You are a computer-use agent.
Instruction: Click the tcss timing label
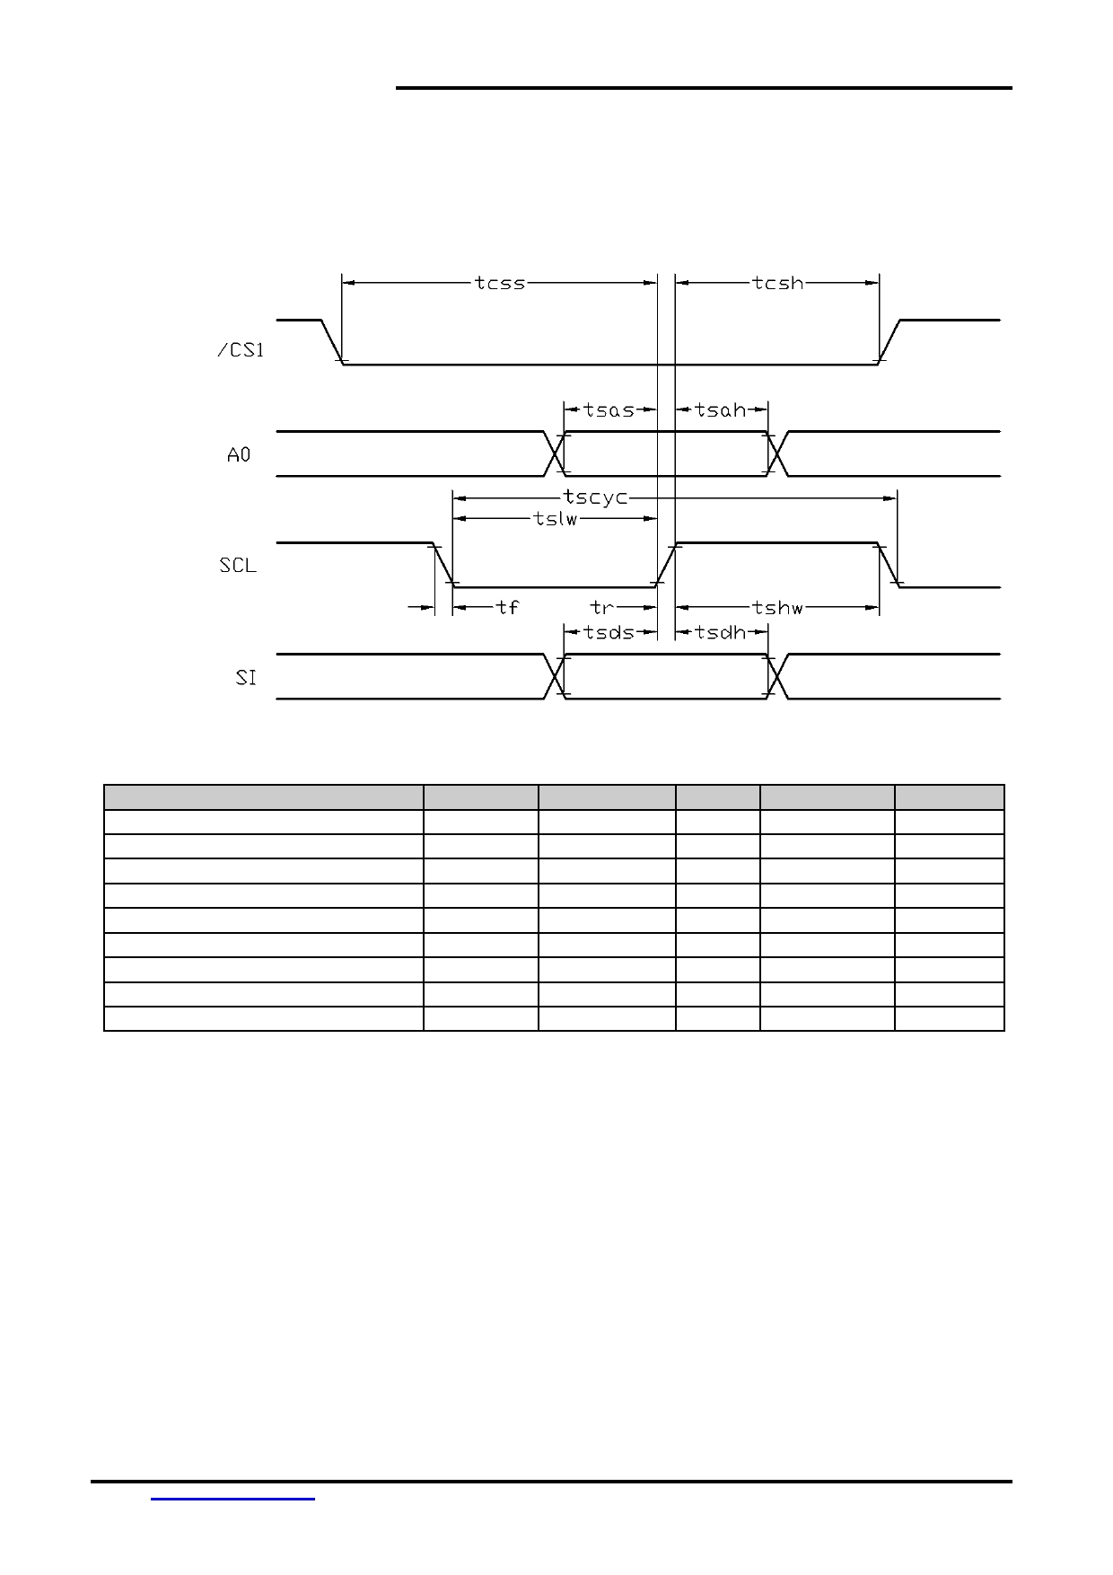[500, 283]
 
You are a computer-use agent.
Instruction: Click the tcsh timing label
[778, 283]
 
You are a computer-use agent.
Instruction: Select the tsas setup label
[609, 410]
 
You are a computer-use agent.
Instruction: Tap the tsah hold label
[721, 410]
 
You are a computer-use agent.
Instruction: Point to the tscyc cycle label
[595, 497]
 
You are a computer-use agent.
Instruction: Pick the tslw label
[556, 519]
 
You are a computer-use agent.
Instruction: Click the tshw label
[778, 608]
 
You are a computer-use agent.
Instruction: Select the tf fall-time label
[507, 608]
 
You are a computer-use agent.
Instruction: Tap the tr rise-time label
[601, 608]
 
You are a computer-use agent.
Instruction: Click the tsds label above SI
[609, 632]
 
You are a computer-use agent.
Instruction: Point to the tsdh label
[721, 632]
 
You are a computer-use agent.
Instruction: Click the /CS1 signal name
[241, 349]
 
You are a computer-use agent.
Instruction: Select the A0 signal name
[239, 455]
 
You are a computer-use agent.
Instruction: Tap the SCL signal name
[238, 566]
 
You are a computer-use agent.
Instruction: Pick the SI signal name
[246, 678]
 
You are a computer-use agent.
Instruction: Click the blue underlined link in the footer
[233, 1499]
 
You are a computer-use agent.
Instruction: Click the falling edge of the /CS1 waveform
[332, 342]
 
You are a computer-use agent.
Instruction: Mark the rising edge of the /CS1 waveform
[890, 342]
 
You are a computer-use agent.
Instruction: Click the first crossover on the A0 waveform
[554, 453]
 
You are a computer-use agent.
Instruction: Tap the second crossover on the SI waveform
[777, 676]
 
